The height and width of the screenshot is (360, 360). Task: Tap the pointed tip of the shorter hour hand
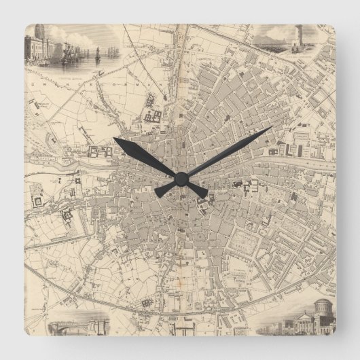pyautogui.click(x=115, y=139)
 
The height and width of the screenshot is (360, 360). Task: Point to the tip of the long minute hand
pyautogui.click(x=272, y=127)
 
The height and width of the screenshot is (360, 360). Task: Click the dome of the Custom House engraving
pyautogui.click(x=40, y=32)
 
